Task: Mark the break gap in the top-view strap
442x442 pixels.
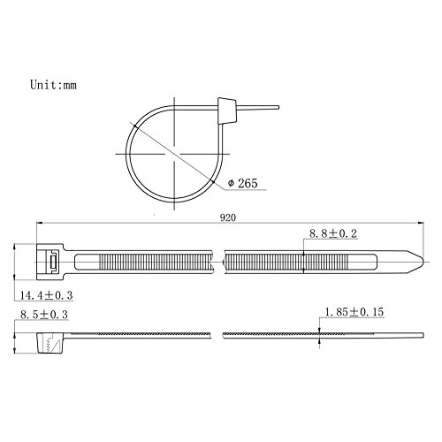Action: point(219,260)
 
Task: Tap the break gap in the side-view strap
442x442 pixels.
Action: point(219,334)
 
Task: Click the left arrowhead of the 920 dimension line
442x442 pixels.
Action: point(40,222)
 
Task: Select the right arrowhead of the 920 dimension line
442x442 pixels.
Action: point(423,222)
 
